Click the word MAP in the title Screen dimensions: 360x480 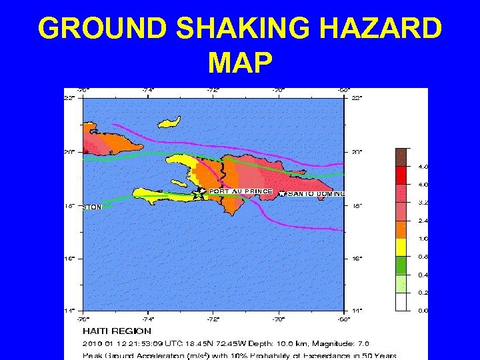(240, 63)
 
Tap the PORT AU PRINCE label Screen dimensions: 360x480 (241, 191)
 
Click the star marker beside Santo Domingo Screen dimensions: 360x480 (282, 193)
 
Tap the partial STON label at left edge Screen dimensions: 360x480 (92, 207)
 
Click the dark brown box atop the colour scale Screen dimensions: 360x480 (401, 157)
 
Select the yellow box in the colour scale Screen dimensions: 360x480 (401, 247)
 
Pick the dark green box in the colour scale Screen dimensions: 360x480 (401, 265)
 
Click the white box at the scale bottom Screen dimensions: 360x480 (401, 302)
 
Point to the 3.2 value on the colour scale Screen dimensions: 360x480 (423, 202)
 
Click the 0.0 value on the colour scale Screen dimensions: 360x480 (423, 311)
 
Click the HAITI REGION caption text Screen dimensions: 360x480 (117, 331)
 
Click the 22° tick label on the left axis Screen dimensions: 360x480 (69, 99)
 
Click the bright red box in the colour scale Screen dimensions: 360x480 (401, 175)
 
